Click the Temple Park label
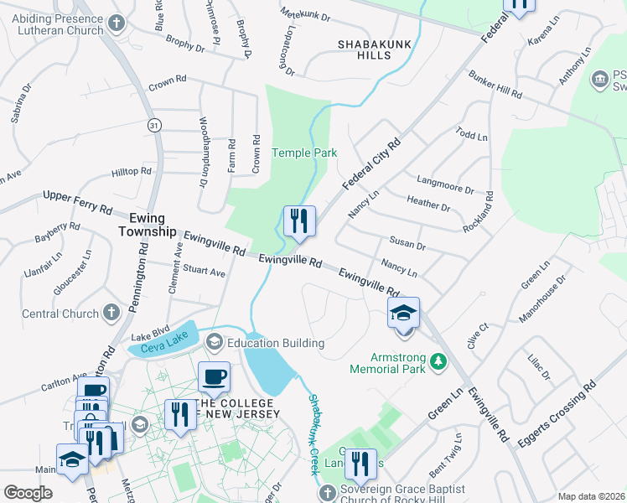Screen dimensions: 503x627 point(304,153)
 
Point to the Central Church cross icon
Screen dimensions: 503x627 point(111,314)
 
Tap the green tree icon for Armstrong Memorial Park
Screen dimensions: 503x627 point(437,361)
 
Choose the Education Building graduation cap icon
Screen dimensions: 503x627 point(214,343)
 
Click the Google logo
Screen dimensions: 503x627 point(28,493)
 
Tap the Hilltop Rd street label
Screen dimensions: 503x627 point(131,170)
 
